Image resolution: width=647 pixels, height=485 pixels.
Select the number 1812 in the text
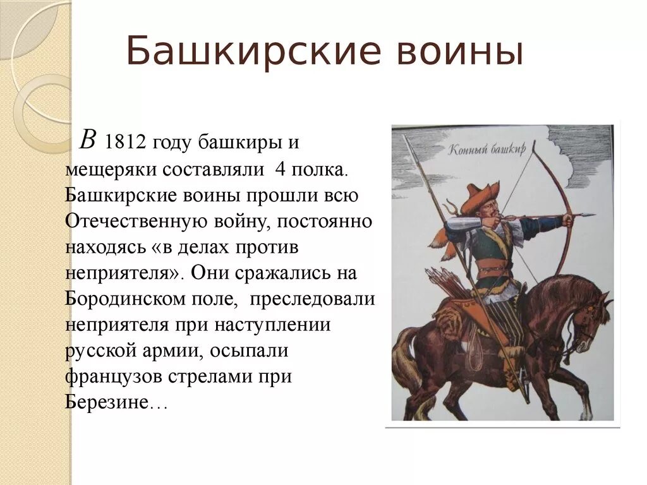coord(126,143)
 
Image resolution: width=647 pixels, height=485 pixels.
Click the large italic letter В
coord(88,140)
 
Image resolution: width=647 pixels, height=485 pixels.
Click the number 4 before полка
coord(280,169)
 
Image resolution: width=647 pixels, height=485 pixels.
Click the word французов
coord(112,377)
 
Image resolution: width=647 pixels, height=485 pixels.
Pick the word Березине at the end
coord(106,401)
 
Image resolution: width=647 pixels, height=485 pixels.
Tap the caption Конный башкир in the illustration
coord(487,149)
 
